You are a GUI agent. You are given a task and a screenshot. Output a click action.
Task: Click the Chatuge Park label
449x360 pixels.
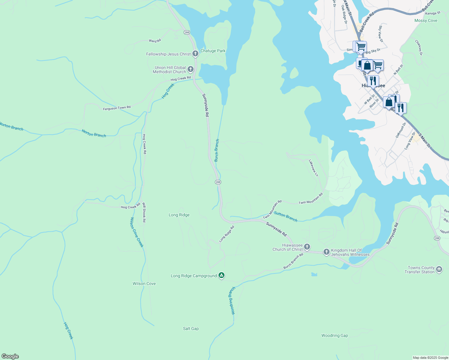tap(213, 51)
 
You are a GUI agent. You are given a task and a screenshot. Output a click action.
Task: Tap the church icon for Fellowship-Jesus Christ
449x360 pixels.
tap(195, 54)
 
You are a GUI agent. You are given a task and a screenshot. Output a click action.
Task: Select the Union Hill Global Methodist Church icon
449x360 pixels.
tap(190, 70)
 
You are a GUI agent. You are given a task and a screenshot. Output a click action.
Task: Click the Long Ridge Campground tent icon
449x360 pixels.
tap(221, 275)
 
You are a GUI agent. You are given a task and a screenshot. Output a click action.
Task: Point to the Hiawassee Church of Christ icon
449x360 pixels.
tap(307, 247)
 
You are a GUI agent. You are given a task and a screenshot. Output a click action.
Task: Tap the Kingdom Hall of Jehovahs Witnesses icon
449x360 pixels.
tap(327, 252)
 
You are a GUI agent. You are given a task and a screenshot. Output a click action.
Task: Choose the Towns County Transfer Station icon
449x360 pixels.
tap(439, 269)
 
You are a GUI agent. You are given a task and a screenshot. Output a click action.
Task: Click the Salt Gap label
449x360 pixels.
tap(191, 328)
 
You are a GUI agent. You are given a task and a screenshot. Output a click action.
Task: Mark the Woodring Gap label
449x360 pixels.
tap(335, 335)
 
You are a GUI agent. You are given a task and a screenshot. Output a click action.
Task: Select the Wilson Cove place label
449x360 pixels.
tap(144, 283)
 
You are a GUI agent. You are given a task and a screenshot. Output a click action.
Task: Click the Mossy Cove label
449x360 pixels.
tap(426, 20)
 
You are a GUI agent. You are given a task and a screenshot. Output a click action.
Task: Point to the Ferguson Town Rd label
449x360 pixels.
tap(117, 108)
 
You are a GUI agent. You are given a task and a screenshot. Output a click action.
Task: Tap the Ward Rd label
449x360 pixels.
tap(155, 40)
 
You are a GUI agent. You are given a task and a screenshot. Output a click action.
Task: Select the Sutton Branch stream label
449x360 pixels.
tap(286, 217)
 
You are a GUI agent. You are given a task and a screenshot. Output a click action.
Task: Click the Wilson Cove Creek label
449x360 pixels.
tap(137, 232)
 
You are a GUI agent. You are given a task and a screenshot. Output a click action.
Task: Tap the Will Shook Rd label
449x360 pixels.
tap(144, 212)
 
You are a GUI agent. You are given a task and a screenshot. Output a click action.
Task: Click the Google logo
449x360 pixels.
tap(10, 356)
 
